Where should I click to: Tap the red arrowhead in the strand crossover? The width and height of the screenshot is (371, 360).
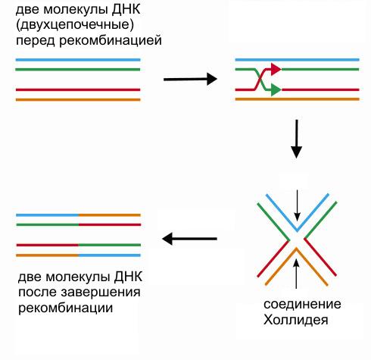[x=276, y=69]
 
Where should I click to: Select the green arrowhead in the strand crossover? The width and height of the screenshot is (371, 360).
[x=276, y=89]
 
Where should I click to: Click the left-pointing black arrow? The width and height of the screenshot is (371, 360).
[x=189, y=240]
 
